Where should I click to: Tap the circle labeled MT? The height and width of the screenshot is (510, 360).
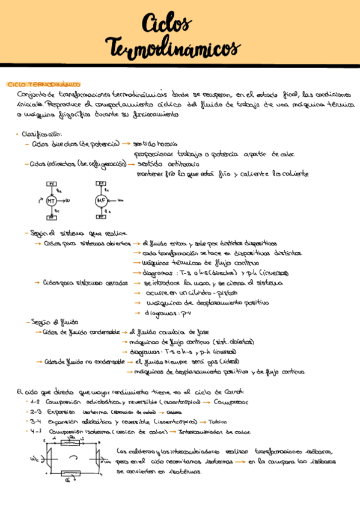tap(52, 201)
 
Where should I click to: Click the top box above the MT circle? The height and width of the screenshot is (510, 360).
tap(52, 184)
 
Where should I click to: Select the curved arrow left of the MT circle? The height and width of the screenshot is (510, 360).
tap(41, 199)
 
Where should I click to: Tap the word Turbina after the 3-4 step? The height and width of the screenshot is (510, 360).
tap(220, 422)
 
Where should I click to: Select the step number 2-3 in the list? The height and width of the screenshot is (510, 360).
tap(35, 412)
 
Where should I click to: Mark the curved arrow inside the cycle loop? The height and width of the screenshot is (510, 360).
tap(74, 458)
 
